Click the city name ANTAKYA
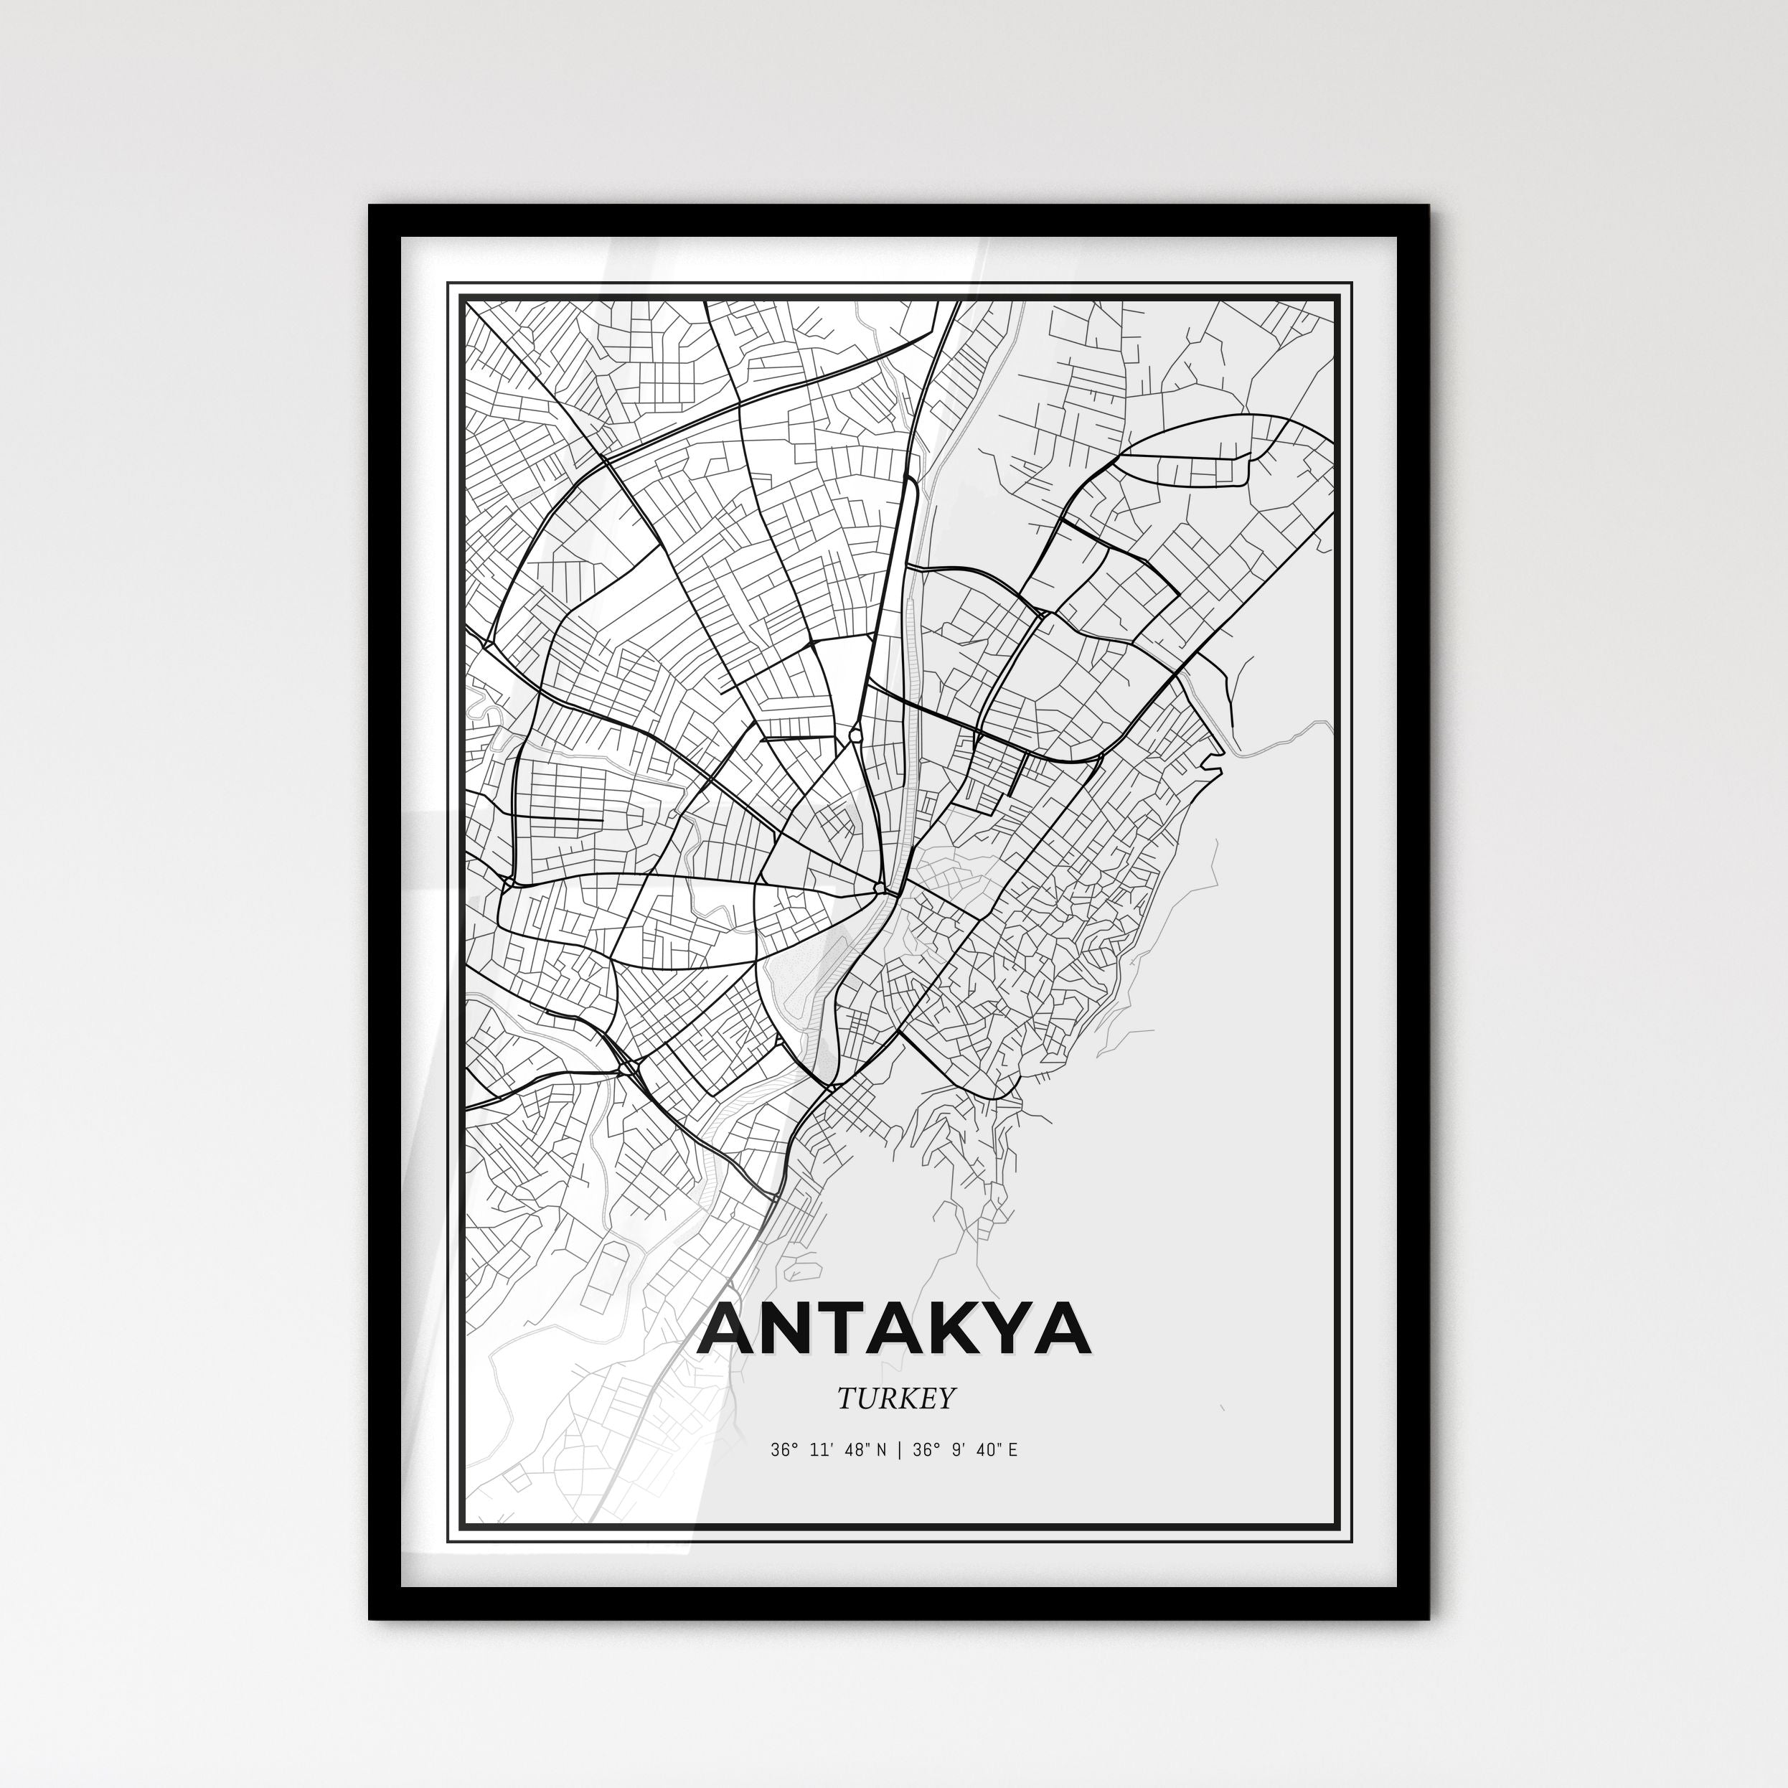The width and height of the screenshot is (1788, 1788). [x=895, y=1328]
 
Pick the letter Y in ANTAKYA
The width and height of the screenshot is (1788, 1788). [x=997, y=1328]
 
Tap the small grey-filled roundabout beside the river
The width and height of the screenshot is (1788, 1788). [x=878, y=888]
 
